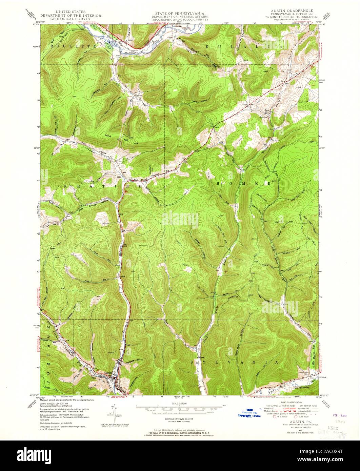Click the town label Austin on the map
107,372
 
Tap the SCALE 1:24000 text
180,403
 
